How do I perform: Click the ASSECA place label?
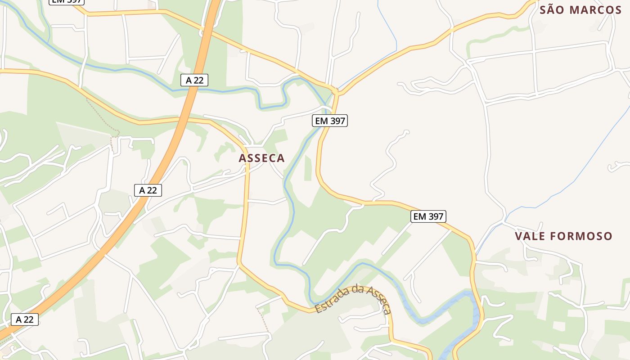(261, 158)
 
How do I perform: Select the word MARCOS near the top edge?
(595, 10)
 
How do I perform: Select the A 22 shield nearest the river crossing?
(194, 81)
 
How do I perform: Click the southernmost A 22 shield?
(25, 319)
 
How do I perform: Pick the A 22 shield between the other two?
(148, 190)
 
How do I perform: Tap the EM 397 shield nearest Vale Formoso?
(428, 216)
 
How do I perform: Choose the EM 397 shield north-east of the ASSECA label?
(330, 120)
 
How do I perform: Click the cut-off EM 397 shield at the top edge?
(67, 1)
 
